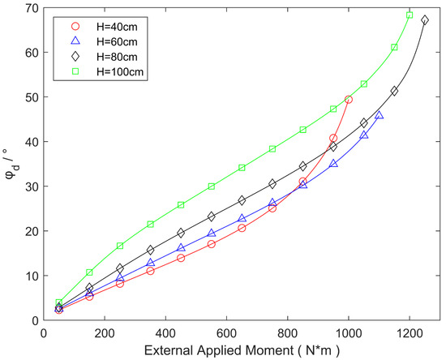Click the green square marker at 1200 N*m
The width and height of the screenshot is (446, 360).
tap(410, 15)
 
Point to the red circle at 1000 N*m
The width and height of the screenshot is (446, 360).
tap(349, 99)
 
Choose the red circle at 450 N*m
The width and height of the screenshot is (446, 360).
tap(181, 258)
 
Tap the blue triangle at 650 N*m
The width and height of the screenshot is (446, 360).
tap(242, 219)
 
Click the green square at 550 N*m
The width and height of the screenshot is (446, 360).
tap(212, 186)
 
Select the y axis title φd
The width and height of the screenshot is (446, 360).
tap(10, 162)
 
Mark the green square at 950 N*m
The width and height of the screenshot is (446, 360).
tap(333, 109)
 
